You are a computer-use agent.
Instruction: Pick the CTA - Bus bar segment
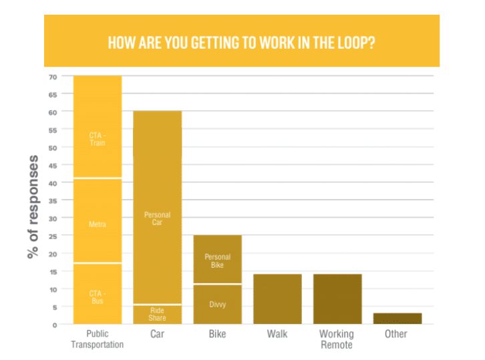coord(98,294)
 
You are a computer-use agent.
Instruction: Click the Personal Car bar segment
coord(158,200)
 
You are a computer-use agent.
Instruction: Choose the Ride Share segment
coord(158,315)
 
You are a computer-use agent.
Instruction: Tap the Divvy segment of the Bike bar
coord(218,305)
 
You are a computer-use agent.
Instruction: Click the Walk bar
coord(278,299)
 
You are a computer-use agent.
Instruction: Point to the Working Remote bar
coord(337,299)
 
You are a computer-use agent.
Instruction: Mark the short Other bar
coord(397,319)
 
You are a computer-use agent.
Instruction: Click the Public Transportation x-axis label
coord(98,339)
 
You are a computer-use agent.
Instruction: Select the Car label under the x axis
coord(158,334)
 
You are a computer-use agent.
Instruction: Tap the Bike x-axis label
coord(218,334)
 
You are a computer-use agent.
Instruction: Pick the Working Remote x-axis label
coord(337,339)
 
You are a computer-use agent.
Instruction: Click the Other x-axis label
coord(396,334)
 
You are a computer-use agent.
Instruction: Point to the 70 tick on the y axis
coord(52,77)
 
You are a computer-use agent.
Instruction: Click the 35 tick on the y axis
coord(52,200)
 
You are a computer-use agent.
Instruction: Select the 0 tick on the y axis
coord(54,325)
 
